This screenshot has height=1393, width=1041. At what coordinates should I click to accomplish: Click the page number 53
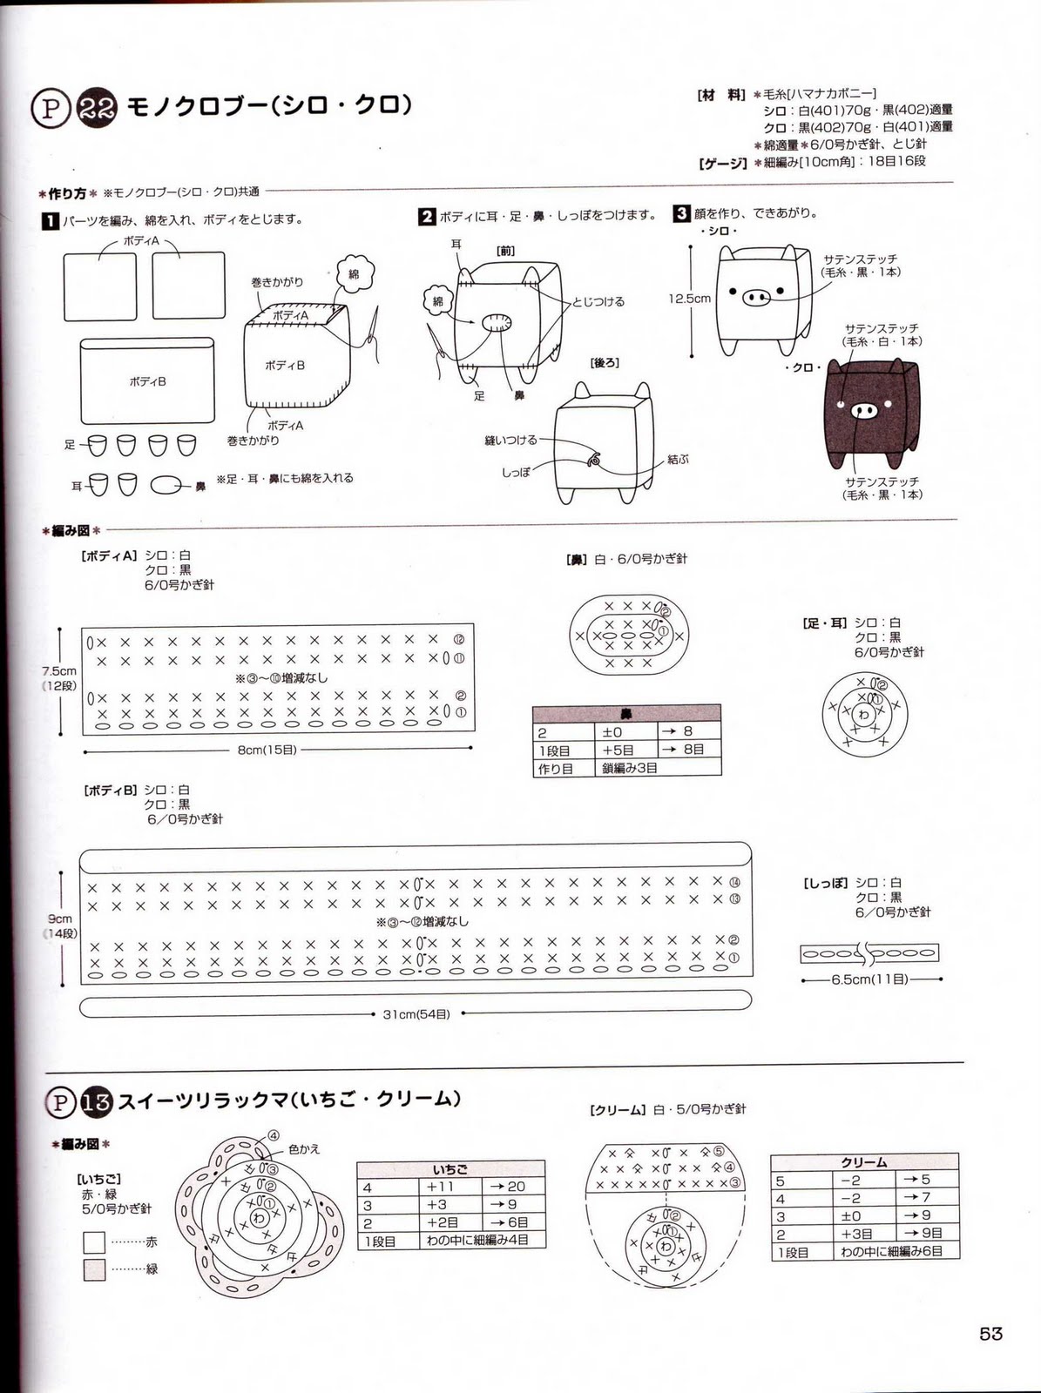click(990, 1334)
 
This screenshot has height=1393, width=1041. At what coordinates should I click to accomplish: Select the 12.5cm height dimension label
click(689, 298)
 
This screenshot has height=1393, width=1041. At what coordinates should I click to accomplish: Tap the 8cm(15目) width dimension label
click(267, 749)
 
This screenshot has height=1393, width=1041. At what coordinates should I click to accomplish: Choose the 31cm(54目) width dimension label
click(416, 1014)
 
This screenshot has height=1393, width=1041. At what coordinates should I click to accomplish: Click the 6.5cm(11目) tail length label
click(869, 979)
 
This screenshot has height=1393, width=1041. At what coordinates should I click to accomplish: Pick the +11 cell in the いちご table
click(443, 1187)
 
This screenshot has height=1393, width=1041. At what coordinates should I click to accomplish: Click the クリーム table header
click(863, 1162)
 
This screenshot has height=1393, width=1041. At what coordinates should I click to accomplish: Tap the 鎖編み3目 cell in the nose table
click(630, 767)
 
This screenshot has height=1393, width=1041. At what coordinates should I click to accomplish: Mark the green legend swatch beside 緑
click(95, 1269)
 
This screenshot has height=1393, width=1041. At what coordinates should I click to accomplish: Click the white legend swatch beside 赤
click(95, 1242)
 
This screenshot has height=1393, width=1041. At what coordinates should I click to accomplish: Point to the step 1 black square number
click(51, 221)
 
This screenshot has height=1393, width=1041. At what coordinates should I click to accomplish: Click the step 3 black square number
click(681, 214)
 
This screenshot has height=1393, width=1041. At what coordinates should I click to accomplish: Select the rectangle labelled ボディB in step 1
click(147, 381)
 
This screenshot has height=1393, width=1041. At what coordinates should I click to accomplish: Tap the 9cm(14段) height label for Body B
click(60, 925)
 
